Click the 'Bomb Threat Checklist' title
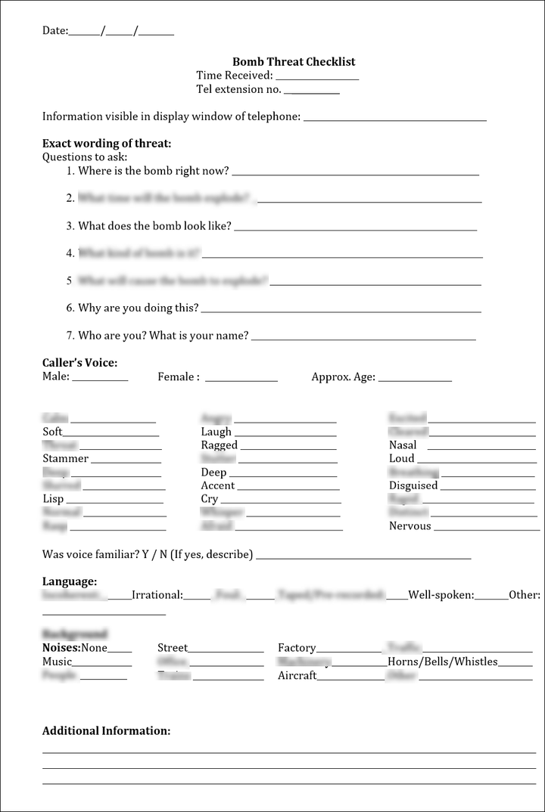pos(294,62)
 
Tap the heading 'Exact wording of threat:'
pos(107,144)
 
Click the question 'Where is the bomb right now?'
pos(154,171)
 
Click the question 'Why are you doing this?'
pos(139,308)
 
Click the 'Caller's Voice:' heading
pos(79,363)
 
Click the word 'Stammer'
pos(66,459)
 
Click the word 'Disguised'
pos(413,485)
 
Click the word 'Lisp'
pos(53,499)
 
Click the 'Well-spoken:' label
pos(441,595)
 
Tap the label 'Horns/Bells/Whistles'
pos(443,662)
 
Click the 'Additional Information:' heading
pos(106,731)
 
